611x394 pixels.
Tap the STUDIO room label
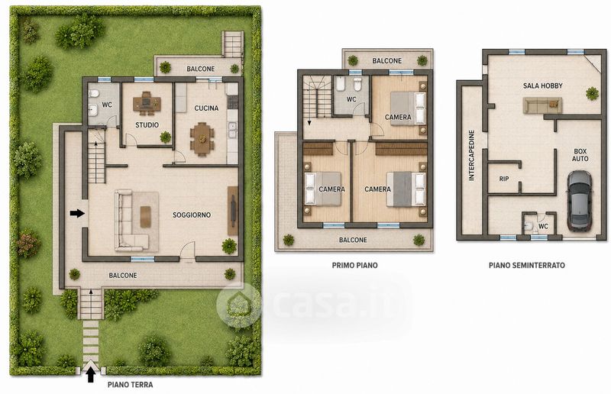pyautogui.click(x=147, y=125)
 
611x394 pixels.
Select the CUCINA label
pyautogui.click(x=206, y=108)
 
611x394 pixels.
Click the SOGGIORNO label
pyautogui.click(x=192, y=215)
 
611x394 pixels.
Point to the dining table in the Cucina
pyautogui.click(x=202, y=139)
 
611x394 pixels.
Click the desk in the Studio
pyautogui.click(x=147, y=103)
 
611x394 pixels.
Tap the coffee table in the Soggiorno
pyautogui.click(x=145, y=216)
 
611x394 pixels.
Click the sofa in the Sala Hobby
pyautogui.click(x=542, y=105)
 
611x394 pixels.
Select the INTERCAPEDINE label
pyautogui.click(x=471, y=156)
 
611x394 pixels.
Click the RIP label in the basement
pyautogui.click(x=504, y=179)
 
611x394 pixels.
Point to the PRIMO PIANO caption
pyautogui.click(x=354, y=266)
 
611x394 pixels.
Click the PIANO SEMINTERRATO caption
pyautogui.click(x=527, y=266)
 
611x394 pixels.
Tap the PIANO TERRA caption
pyautogui.click(x=130, y=385)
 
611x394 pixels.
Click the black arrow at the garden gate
pyautogui.click(x=91, y=375)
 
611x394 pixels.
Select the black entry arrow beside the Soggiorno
pyautogui.click(x=78, y=213)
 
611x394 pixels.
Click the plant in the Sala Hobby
pyautogui.click(x=592, y=93)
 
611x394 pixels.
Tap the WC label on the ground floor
pyautogui.click(x=107, y=105)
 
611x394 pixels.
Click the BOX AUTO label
pyautogui.click(x=580, y=155)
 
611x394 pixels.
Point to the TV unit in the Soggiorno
pyautogui.click(x=233, y=211)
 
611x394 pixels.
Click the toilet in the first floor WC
pyautogui.click(x=357, y=83)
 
